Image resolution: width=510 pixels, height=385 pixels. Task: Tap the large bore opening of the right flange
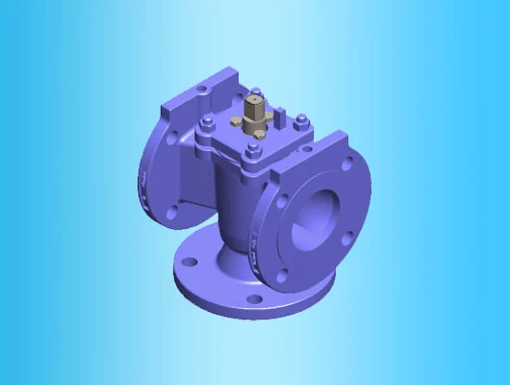pyautogui.click(x=317, y=212)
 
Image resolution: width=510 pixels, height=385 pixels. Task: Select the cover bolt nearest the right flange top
pyautogui.click(x=301, y=121)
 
